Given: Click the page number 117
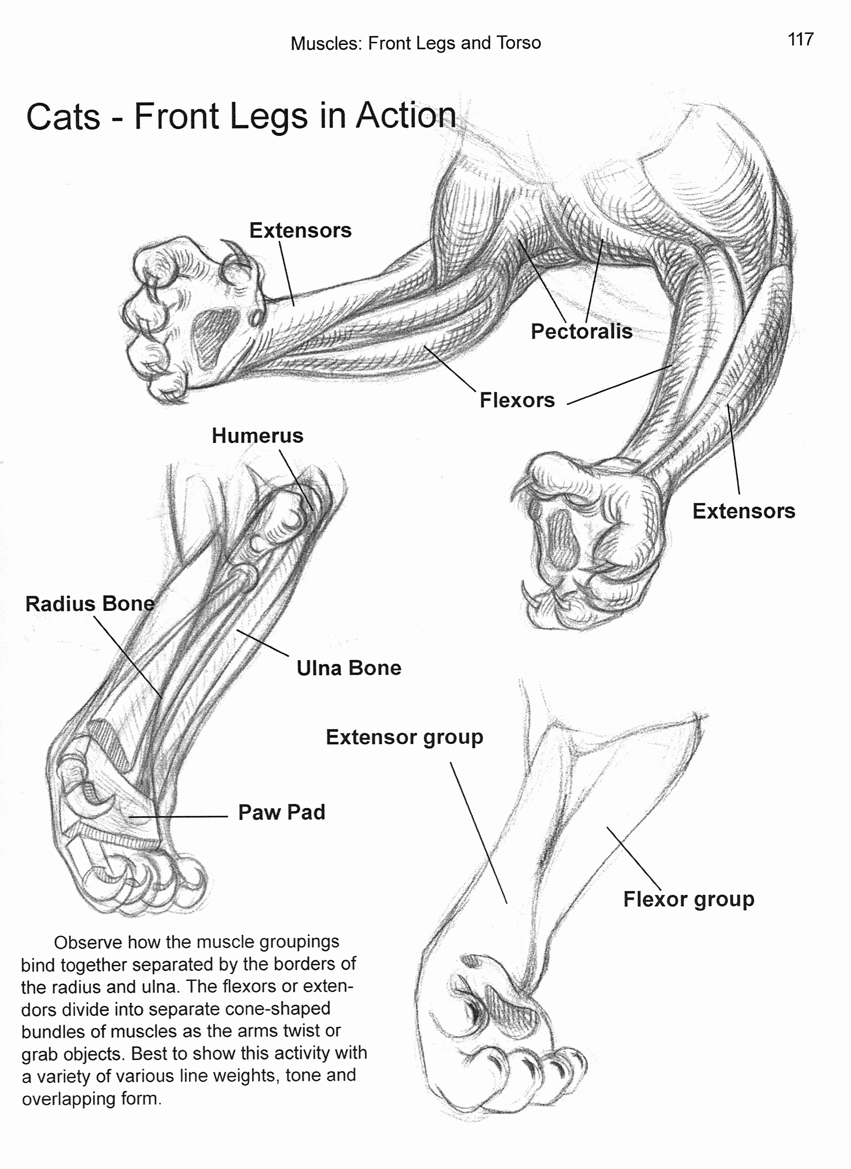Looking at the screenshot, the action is click(x=800, y=40).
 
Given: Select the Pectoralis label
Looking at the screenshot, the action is click(x=581, y=331).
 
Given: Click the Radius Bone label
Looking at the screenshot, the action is click(x=90, y=604).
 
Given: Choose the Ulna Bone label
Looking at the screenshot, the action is click(x=349, y=668).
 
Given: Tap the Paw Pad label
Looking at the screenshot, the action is click(x=281, y=812).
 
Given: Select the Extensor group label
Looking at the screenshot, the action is click(x=404, y=737).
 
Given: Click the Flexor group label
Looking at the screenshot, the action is click(x=688, y=899).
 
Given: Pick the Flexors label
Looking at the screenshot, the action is click(x=517, y=400).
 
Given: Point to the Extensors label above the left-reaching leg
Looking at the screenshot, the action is click(x=301, y=230).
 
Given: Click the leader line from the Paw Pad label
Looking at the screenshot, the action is click(x=178, y=817).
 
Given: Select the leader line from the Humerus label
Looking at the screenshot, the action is click(x=296, y=479).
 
